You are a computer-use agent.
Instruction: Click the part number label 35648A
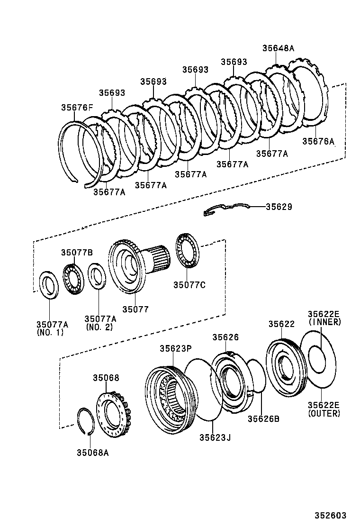pos(278,48)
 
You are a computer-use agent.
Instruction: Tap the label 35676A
pos(318,141)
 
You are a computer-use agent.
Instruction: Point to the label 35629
pos(279,207)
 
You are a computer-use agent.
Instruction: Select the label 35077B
pos(76,253)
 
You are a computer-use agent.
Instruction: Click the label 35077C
pos(189,285)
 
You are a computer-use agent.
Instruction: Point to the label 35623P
pos(175,348)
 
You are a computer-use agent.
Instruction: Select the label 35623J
pos(215,437)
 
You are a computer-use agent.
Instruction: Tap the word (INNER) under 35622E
pos(324,322)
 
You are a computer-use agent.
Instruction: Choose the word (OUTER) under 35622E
pos(324,413)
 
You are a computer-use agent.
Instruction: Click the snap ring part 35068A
pos(84,420)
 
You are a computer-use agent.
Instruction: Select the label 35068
pos(106,378)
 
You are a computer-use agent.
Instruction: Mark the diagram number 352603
pos(330,515)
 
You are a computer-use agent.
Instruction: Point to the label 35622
pos(281,324)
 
